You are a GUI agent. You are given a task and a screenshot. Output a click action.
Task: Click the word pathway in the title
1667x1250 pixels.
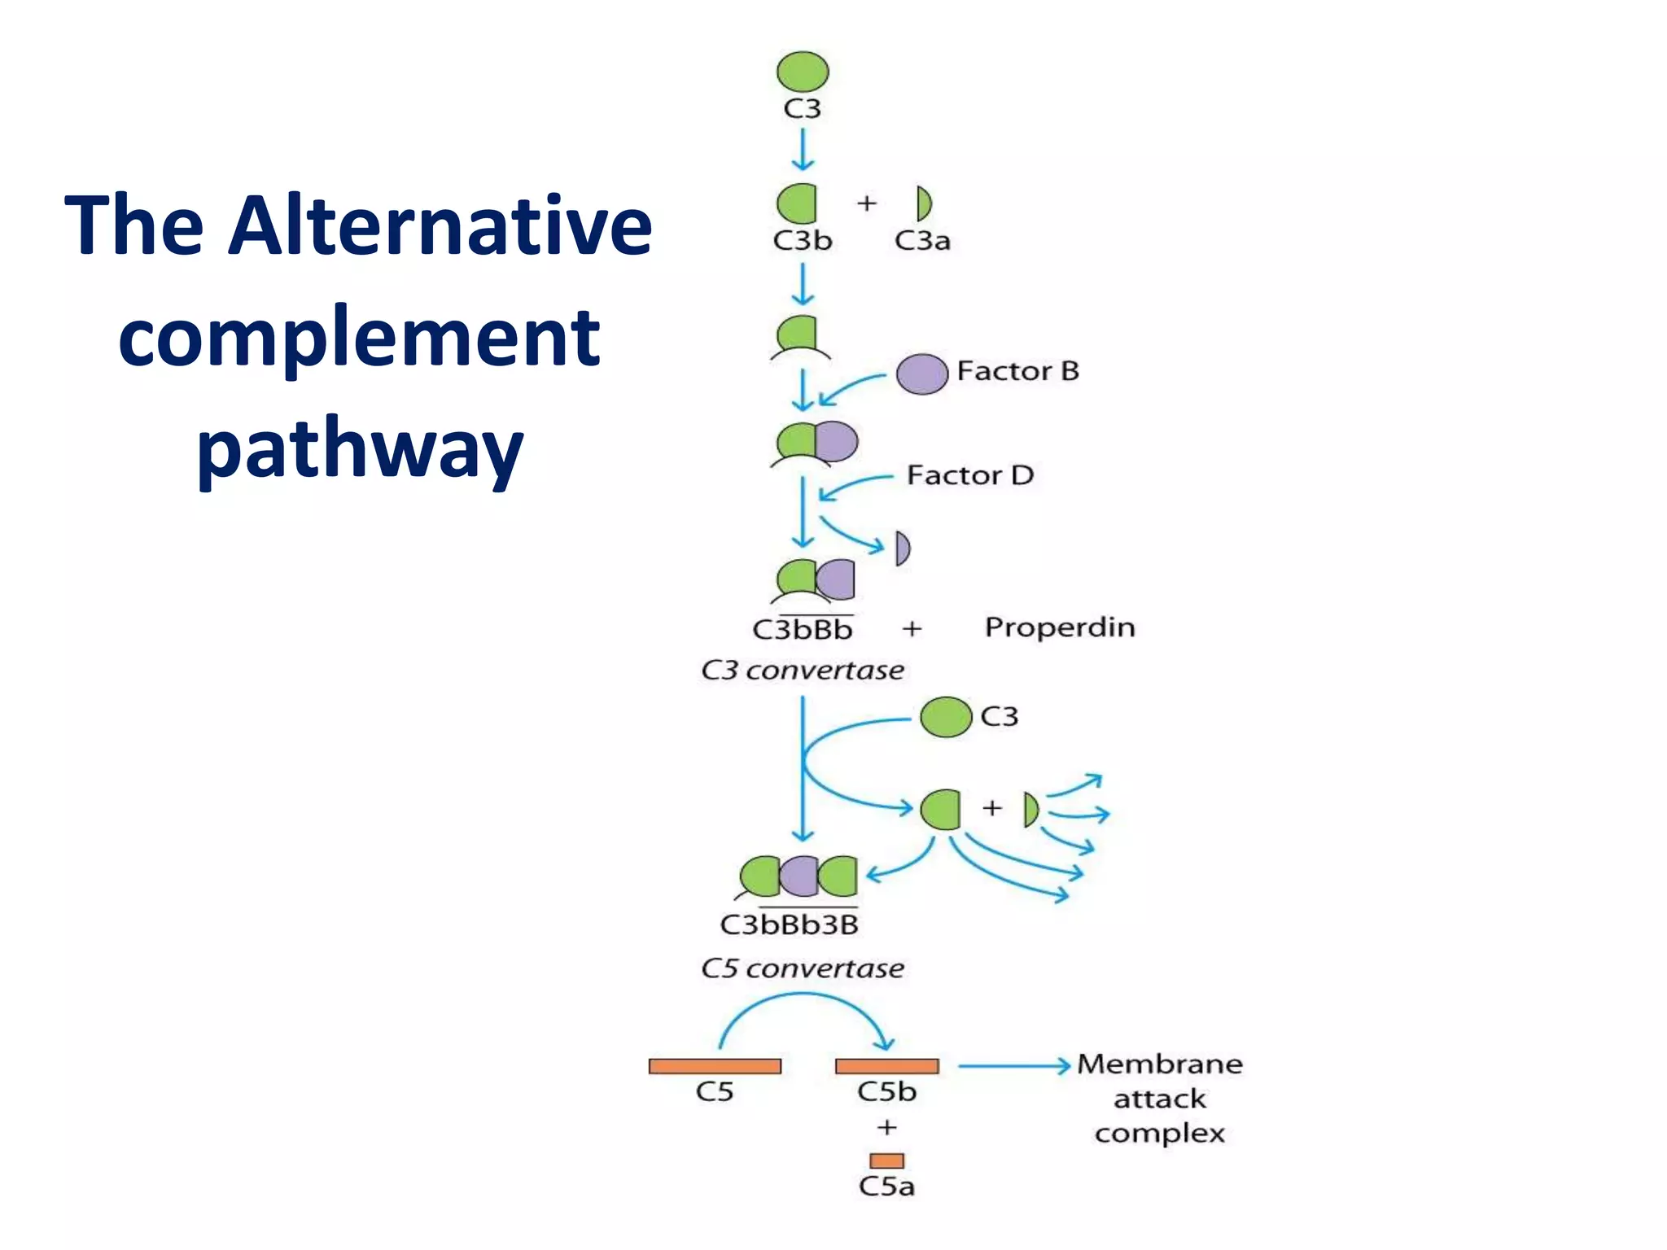point(360,450)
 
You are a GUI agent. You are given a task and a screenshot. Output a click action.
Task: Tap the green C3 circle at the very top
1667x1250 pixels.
point(803,72)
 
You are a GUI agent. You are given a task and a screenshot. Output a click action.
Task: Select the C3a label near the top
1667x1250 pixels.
point(922,241)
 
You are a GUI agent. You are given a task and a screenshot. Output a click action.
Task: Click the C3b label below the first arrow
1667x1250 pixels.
point(803,241)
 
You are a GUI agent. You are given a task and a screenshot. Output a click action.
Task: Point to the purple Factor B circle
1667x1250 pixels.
point(922,374)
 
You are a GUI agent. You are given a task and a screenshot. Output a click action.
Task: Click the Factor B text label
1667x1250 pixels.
point(1017,371)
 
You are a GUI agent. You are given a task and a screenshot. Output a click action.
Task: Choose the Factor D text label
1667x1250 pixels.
point(970,475)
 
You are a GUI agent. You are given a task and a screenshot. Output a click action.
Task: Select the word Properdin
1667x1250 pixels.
point(1060,627)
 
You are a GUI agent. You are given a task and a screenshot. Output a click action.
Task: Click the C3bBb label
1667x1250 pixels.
point(803,630)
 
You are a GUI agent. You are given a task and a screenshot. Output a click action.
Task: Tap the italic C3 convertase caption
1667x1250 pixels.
point(803,671)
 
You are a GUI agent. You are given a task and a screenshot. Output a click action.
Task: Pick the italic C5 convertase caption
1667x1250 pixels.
point(803,968)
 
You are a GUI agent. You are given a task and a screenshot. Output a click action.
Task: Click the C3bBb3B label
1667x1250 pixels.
point(790,925)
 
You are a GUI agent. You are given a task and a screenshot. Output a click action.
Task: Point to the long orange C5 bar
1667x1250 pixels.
point(715,1066)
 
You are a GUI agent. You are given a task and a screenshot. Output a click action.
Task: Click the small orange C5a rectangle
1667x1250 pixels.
point(886,1160)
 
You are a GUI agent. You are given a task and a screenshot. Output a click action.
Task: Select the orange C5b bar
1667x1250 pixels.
point(887,1066)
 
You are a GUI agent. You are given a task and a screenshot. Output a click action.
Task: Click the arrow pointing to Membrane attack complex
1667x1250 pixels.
point(1013,1065)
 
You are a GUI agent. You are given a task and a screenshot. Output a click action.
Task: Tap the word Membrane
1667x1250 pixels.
point(1160,1064)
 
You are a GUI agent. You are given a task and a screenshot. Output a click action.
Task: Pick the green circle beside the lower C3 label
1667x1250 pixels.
point(946,717)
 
